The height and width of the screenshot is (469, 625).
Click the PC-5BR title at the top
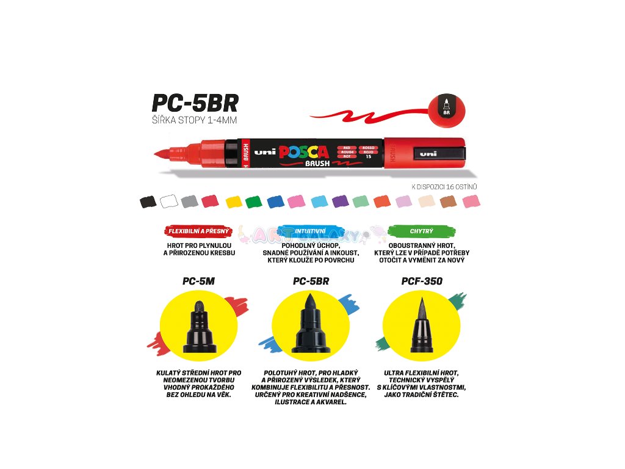tap(195, 101)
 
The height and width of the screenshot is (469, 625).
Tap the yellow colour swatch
tap(234, 201)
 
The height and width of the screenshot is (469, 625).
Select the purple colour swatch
tap(340, 201)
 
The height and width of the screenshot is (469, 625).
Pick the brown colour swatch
tap(449, 201)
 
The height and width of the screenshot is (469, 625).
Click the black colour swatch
tap(148, 201)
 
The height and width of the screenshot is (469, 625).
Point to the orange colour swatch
tap(382, 201)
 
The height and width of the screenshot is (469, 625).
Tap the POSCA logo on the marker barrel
tap(303, 152)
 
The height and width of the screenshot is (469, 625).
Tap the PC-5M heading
tap(198, 282)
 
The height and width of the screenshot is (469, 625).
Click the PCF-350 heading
tap(422, 282)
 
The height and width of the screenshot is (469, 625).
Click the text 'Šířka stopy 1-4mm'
tap(194, 120)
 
